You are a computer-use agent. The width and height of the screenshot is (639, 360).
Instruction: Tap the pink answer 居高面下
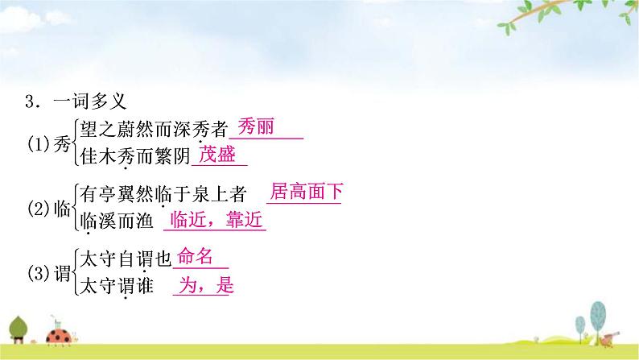307,192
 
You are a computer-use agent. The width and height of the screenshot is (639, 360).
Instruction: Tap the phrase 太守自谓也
124,259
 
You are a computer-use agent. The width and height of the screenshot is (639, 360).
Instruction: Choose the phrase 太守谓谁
116,287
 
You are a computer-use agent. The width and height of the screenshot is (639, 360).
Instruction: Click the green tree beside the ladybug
24,327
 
